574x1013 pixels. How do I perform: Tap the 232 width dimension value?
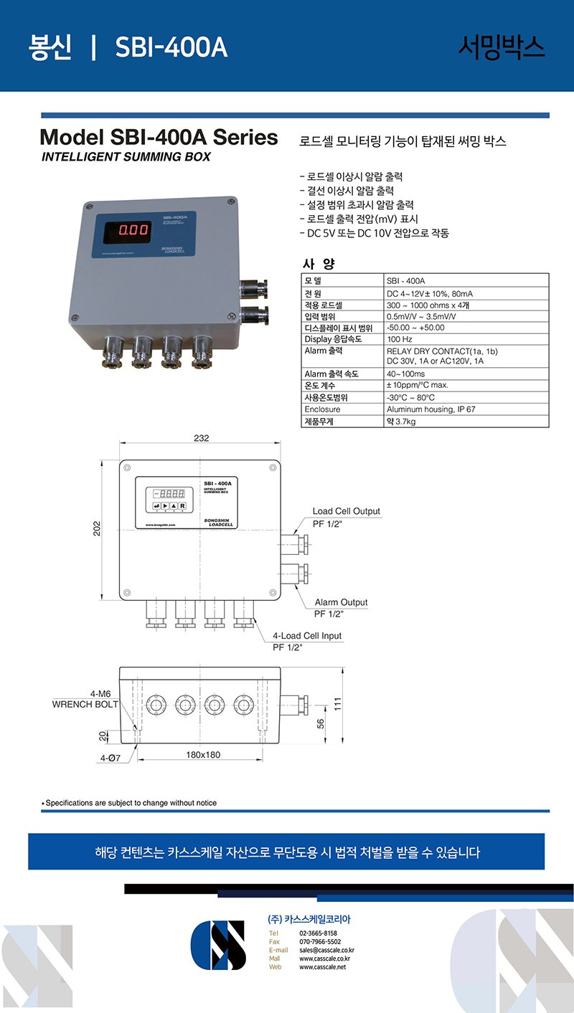[x=201, y=438]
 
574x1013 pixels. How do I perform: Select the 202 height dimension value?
[x=97, y=528]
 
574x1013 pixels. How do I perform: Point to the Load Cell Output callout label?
[x=346, y=511]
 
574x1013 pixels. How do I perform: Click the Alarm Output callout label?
[x=341, y=602]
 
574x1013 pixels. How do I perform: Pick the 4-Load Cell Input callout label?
[x=307, y=636]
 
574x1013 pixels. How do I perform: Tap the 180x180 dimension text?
[x=203, y=755]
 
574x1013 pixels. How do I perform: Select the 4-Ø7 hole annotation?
[x=109, y=758]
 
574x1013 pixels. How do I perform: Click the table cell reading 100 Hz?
[x=400, y=339]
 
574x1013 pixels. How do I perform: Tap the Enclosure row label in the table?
[x=322, y=409]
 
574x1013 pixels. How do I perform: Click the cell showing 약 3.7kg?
[x=401, y=422]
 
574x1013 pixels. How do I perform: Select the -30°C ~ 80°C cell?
[x=410, y=397]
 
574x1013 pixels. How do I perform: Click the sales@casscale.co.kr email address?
[x=326, y=950]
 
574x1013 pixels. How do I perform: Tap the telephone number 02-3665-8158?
[x=318, y=933]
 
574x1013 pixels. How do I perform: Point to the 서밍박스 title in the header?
[x=502, y=47]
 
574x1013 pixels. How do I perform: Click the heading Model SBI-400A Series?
[x=159, y=137]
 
